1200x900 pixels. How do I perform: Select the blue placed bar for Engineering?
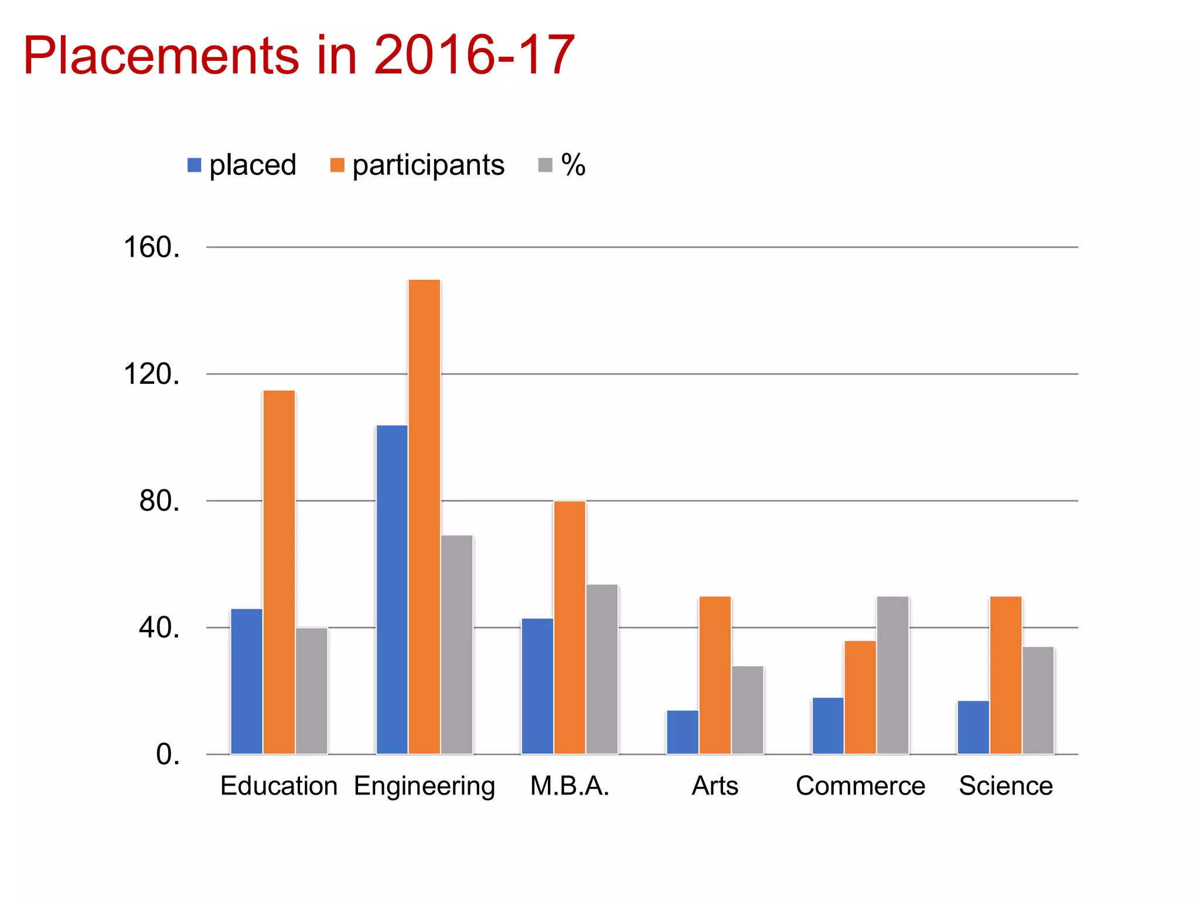(x=391, y=589)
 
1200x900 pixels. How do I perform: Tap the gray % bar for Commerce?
(x=892, y=675)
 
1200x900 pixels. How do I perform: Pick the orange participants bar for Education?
(x=279, y=572)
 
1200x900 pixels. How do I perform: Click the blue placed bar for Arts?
(x=683, y=732)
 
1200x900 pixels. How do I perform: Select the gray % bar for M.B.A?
(x=602, y=669)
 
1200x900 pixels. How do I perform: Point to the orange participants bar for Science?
(x=1005, y=675)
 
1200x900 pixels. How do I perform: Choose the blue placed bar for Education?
(x=246, y=681)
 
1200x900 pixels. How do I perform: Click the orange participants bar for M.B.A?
(x=570, y=628)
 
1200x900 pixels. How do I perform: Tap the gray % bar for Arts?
(x=747, y=710)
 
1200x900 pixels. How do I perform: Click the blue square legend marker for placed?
(x=194, y=165)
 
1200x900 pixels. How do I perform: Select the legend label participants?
(x=428, y=165)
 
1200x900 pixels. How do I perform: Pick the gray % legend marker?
(x=545, y=165)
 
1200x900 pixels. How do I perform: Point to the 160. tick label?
(x=151, y=247)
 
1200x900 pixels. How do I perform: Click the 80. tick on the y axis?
(x=159, y=501)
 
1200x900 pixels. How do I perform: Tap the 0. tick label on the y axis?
(x=168, y=755)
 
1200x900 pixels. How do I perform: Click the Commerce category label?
(x=860, y=786)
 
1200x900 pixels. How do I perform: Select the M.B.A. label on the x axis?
(x=570, y=786)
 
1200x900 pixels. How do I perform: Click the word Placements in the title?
(x=161, y=56)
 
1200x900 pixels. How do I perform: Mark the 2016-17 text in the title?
(x=473, y=56)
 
